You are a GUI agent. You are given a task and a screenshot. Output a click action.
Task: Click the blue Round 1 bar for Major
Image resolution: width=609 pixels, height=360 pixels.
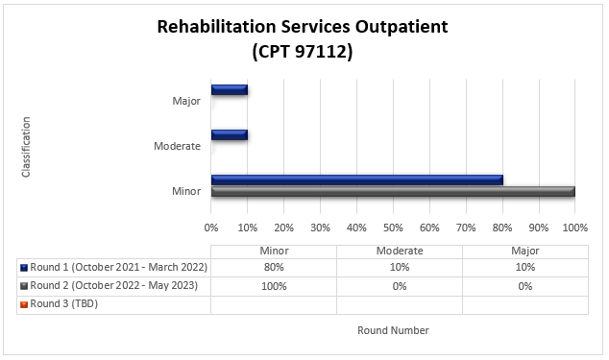pos(230,90)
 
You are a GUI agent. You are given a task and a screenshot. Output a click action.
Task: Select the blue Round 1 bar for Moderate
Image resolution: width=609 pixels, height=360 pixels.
pos(230,134)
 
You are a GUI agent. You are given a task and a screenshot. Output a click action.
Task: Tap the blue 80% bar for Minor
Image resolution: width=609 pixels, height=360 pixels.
pos(356,180)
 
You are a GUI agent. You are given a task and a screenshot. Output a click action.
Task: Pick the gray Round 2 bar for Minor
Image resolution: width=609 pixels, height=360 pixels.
pos(392,191)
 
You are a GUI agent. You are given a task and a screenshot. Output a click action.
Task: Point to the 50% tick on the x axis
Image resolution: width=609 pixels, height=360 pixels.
pos(393,228)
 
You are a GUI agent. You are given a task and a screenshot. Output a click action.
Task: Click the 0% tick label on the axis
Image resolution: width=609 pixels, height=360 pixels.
pos(211,228)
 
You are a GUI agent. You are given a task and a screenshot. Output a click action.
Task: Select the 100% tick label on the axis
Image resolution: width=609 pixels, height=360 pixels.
pos(574,228)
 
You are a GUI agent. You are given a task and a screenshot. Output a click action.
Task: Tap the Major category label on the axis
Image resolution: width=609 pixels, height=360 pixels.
pos(185,100)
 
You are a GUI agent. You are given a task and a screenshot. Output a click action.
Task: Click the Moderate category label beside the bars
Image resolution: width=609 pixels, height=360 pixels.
pos(177,146)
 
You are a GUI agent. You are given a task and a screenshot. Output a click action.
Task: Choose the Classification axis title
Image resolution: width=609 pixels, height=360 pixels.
pos(26,146)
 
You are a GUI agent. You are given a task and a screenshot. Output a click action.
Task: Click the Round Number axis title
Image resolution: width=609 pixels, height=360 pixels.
pos(393,330)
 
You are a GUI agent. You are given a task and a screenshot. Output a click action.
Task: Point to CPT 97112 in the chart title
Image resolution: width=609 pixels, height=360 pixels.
pos(303,53)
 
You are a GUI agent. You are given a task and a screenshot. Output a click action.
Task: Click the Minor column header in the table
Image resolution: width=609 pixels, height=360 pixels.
pos(274,251)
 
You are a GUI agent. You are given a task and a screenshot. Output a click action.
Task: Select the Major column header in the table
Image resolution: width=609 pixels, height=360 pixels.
pos(524,251)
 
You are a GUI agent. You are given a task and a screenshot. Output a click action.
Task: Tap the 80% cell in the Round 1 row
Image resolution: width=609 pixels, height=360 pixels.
pos(274,268)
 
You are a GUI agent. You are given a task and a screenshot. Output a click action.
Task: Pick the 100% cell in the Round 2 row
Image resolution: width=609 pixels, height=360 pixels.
pos(274,286)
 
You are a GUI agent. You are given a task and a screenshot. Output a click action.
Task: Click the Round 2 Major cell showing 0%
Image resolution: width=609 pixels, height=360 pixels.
pos(524,286)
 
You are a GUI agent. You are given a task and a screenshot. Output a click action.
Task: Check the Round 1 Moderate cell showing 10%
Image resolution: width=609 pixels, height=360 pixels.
pos(399,268)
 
